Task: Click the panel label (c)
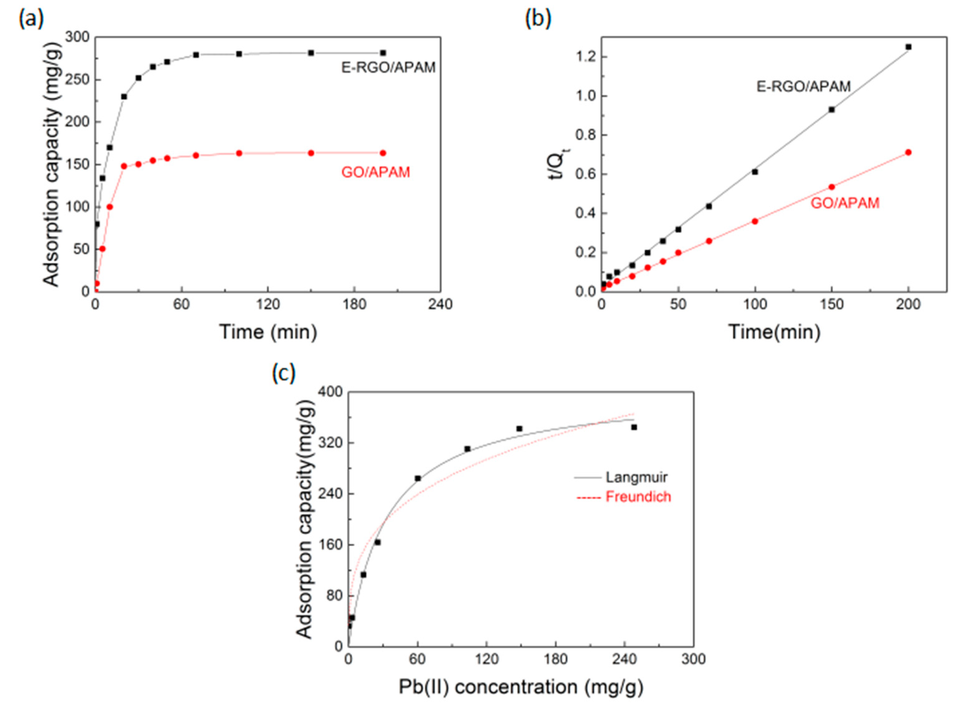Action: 284,373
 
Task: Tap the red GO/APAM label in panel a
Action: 375,172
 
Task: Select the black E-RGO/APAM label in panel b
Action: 803,87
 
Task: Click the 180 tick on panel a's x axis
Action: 354,305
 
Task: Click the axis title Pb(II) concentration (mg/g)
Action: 521,687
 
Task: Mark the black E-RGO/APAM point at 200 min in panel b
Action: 908,47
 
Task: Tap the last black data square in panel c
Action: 634,427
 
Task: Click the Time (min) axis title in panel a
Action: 268,332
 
